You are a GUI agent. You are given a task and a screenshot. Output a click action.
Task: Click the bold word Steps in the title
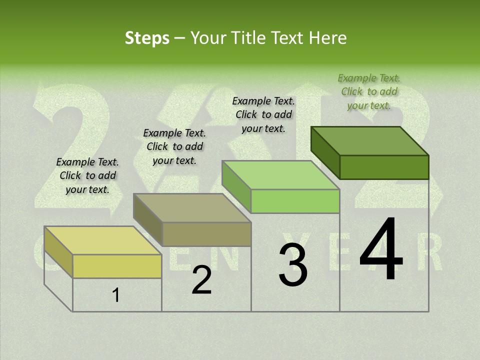click(146, 38)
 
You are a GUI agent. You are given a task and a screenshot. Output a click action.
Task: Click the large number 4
click(381, 249)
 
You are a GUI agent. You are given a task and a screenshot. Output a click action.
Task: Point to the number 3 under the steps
click(293, 265)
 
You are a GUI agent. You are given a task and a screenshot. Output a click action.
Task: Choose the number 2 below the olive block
click(201, 280)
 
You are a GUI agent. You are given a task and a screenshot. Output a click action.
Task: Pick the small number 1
click(116, 295)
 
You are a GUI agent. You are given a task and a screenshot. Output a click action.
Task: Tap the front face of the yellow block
click(117, 266)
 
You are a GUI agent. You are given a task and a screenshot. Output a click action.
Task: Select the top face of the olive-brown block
click(192, 207)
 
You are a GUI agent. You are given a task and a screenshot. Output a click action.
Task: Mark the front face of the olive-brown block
click(206, 234)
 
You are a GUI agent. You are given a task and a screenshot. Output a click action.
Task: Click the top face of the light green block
click(281, 175)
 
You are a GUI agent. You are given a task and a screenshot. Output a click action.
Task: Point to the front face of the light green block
click(295, 201)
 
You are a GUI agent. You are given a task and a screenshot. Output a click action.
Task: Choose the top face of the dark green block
click(370, 140)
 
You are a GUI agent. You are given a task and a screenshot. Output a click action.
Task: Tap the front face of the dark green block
click(384, 167)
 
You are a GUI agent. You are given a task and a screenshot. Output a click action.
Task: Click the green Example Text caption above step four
click(369, 91)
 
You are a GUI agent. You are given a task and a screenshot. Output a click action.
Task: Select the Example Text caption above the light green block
click(263, 114)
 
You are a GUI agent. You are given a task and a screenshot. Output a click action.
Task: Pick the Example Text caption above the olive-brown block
click(174, 146)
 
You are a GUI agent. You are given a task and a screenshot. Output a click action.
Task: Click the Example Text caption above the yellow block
click(87, 175)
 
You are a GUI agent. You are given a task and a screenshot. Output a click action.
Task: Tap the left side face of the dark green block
click(325, 152)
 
